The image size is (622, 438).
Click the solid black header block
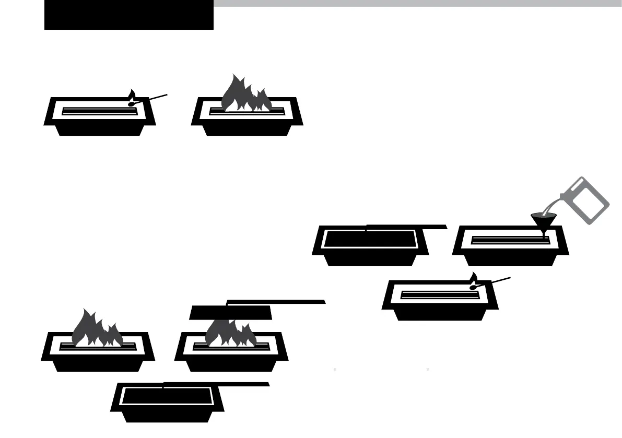coord(128,15)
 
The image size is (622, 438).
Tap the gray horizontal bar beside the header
coord(417,3)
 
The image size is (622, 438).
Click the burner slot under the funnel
coord(509,240)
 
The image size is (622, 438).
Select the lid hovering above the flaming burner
coord(230,313)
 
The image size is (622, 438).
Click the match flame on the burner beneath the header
coord(132,95)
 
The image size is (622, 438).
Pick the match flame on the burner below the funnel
coord(474,278)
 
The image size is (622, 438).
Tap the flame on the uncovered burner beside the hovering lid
coord(97,329)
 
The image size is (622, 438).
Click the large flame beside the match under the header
coord(245,94)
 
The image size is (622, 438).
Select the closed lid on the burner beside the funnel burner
coord(370,239)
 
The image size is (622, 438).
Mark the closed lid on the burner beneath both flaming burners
coord(167,396)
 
